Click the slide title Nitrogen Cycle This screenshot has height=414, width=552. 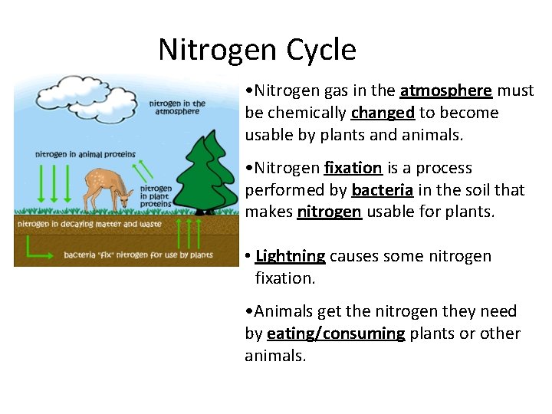coord(257,50)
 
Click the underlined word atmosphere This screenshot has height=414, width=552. coord(445,90)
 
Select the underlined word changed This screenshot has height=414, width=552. coord(383,113)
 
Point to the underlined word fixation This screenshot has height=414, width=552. coord(353,167)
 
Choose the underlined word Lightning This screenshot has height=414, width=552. coord(290,255)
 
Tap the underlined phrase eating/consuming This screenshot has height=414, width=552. coord(336,333)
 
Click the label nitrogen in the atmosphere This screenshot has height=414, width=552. coord(177,107)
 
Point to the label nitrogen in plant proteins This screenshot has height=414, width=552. coord(156,196)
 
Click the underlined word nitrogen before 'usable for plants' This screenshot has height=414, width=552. coord(329,212)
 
